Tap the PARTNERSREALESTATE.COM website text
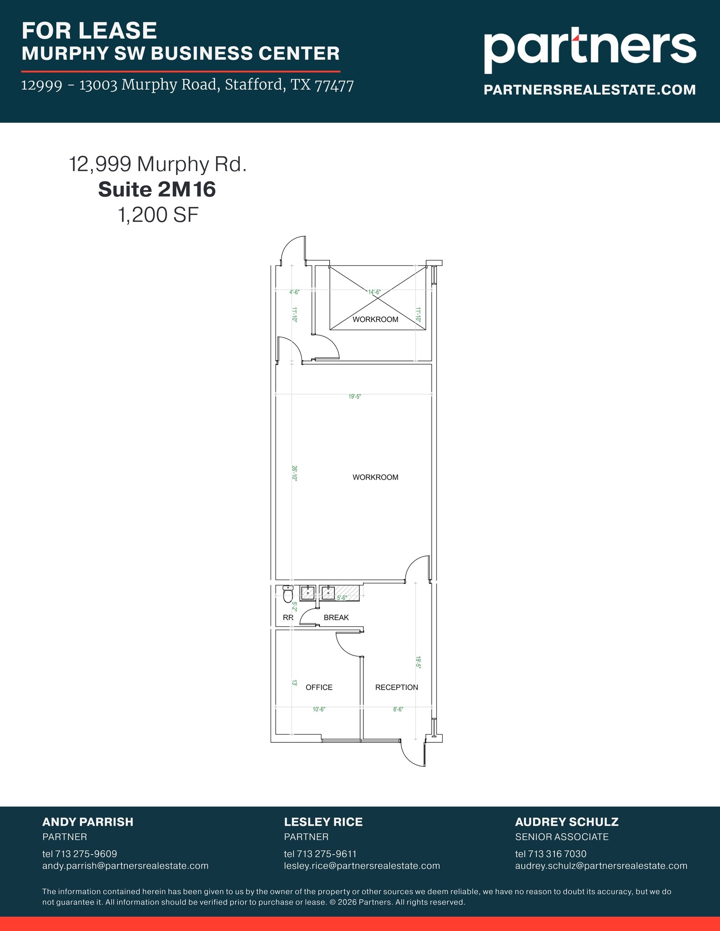(x=589, y=90)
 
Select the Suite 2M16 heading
(x=157, y=189)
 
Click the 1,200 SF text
(x=158, y=215)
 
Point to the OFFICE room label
(x=319, y=687)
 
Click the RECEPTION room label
(x=396, y=687)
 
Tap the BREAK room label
(x=336, y=617)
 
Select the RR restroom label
(x=288, y=617)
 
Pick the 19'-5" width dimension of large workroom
(x=355, y=396)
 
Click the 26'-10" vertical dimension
(x=294, y=473)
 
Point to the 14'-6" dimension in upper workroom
(x=374, y=292)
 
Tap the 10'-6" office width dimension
(x=319, y=709)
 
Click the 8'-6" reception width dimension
(x=398, y=709)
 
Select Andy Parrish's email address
(x=125, y=866)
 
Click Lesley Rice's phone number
(x=320, y=854)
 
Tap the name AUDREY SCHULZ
(x=566, y=822)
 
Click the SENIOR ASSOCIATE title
(x=561, y=837)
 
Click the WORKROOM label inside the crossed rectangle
(x=375, y=319)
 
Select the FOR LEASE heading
(x=89, y=31)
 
